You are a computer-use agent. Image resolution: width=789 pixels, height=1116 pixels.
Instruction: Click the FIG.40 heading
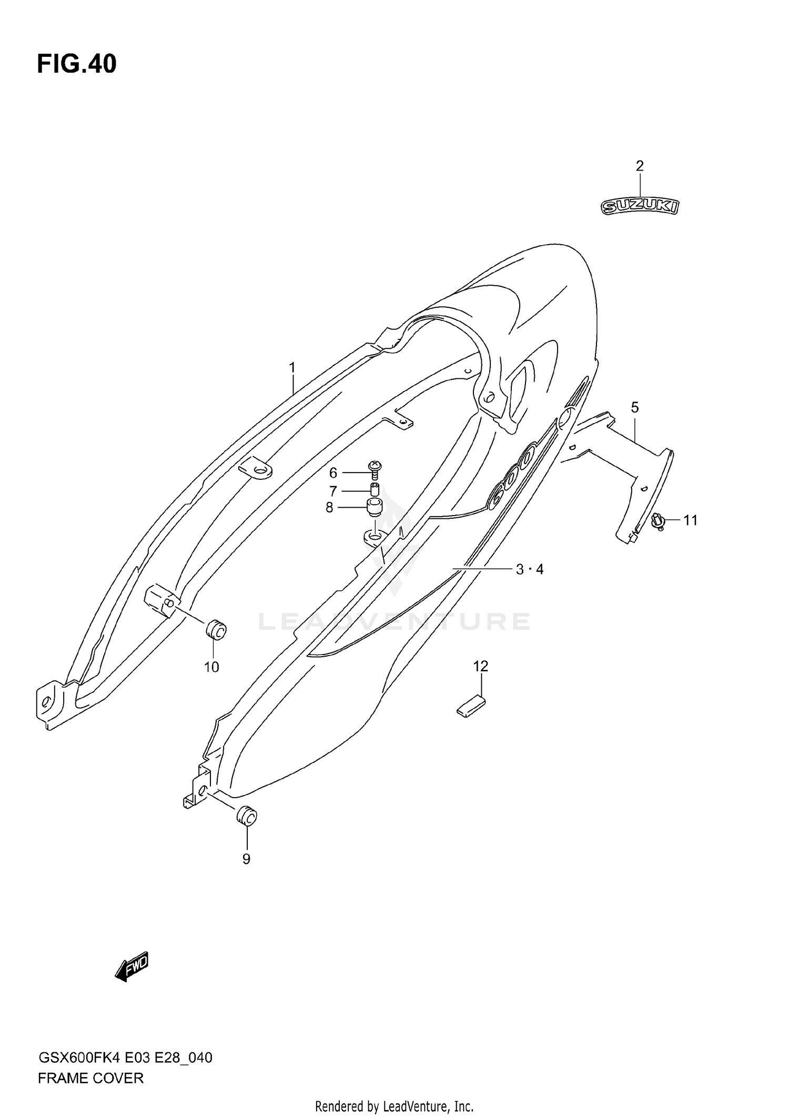tap(77, 64)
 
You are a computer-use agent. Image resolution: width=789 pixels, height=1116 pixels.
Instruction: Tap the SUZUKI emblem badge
tap(640, 207)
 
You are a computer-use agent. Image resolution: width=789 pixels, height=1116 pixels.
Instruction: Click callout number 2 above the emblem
tap(640, 166)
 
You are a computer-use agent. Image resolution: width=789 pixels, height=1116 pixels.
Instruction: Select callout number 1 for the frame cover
tap(292, 368)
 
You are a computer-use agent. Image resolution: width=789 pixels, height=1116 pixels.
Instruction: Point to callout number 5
tap(635, 407)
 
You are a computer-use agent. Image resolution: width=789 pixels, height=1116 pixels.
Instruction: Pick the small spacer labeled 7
tap(375, 489)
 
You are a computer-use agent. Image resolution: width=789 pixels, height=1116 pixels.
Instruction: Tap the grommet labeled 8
tap(375, 509)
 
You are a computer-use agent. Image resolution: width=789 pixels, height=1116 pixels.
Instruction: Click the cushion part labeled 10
tap(215, 629)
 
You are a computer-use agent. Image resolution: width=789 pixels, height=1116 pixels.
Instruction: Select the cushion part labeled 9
tap(247, 817)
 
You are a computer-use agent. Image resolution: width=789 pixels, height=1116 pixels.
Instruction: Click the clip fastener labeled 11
tap(657, 521)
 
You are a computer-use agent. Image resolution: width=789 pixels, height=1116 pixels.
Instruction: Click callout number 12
tap(481, 666)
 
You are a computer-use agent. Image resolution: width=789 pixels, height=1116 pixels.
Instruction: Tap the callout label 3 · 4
tap(530, 569)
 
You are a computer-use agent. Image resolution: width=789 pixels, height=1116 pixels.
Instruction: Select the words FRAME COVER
tap(90, 1078)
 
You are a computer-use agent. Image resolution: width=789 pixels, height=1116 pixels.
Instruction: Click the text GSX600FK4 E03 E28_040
tap(125, 1057)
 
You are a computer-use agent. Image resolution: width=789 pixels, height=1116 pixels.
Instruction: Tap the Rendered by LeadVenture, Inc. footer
tap(394, 1106)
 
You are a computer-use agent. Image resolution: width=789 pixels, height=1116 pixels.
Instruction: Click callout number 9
tap(246, 859)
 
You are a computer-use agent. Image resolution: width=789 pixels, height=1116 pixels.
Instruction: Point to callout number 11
tap(690, 520)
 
